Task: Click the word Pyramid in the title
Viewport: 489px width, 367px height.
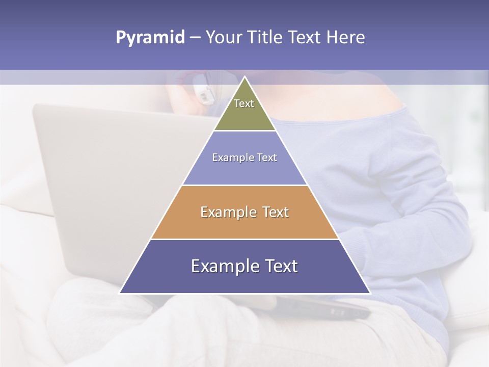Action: pos(150,38)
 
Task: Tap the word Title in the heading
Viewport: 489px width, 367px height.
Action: pos(267,38)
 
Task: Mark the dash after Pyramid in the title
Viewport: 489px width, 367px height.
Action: pos(195,38)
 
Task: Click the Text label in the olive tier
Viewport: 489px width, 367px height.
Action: pos(244,103)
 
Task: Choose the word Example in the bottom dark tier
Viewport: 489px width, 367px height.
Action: pos(222,267)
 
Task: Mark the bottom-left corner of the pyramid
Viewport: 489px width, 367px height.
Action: pos(120,293)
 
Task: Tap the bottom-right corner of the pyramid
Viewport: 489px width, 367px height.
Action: pos(370,293)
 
